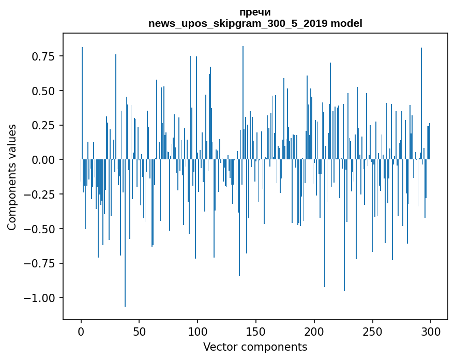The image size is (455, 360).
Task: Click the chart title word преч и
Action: pos(255,12)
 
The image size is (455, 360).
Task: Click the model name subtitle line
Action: pos(255,24)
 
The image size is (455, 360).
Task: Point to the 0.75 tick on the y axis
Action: pos(47,56)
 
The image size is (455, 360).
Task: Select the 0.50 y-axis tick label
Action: pos(47,91)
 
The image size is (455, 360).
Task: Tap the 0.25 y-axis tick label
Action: pos(47,126)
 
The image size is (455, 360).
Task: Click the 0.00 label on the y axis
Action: pos(47,160)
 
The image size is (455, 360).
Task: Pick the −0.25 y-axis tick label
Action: pos(44,194)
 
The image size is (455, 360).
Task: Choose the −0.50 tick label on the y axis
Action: pos(44,229)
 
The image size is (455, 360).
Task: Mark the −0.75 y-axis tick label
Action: pos(44,263)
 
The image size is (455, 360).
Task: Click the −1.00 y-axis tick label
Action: pos(44,298)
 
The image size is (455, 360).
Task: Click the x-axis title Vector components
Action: pos(255,347)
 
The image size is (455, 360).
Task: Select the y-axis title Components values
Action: pos(12,177)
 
